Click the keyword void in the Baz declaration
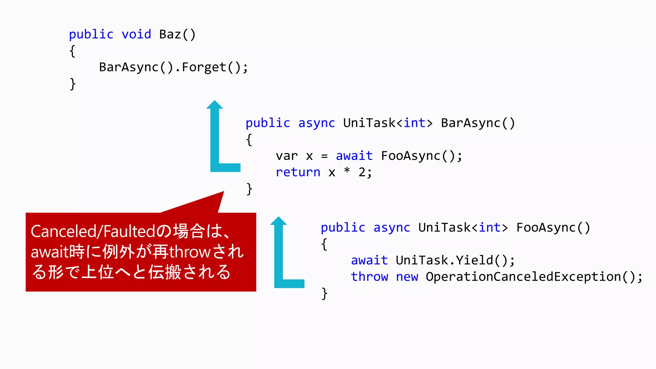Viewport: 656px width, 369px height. pos(136,34)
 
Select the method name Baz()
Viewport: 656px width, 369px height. pos(177,34)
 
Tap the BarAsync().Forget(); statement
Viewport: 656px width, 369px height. pos(173,67)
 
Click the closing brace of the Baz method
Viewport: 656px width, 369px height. pos(73,84)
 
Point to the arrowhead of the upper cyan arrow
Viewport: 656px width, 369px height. pos(215,105)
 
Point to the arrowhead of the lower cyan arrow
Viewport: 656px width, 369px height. pos(278,221)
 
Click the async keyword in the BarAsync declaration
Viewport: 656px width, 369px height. pos(316,123)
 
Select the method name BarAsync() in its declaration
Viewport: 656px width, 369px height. pos(478,123)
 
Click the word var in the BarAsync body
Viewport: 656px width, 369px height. pos(287,156)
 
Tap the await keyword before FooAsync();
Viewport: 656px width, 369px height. pos(354,156)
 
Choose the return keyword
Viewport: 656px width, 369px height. pos(298,172)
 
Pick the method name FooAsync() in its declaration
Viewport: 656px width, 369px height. pos(553,227)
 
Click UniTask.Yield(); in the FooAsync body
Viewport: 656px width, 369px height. pos(455,260)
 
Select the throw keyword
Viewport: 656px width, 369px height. pos(369,277)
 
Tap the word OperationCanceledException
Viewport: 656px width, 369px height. pos(523,277)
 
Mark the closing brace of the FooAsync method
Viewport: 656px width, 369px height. pos(324,293)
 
